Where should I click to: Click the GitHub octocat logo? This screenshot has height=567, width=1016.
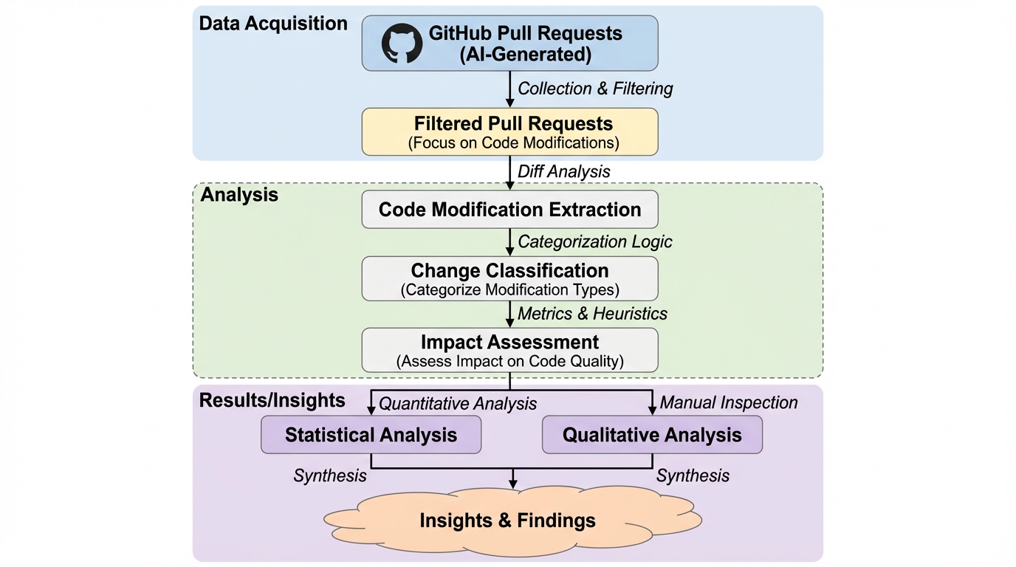pyautogui.click(x=402, y=43)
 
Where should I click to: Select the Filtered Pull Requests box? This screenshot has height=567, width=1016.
pyautogui.click(x=509, y=131)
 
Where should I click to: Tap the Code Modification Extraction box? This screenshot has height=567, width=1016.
pyautogui.click(x=509, y=210)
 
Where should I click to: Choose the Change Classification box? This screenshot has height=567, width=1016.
pyautogui.click(x=509, y=278)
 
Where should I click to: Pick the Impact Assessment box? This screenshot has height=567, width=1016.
pyautogui.click(x=509, y=350)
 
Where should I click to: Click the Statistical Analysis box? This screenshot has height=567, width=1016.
pyautogui.click(x=371, y=434)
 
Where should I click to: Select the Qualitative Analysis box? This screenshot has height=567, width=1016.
pyautogui.click(x=652, y=434)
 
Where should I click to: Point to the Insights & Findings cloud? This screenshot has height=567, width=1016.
pyautogui.click(x=508, y=520)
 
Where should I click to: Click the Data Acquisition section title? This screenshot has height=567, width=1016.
pyautogui.click(x=273, y=24)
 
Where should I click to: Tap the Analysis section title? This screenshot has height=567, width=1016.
pyautogui.click(x=239, y=195)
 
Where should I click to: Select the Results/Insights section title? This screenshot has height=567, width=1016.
pyautogui.click(x=272, y=400)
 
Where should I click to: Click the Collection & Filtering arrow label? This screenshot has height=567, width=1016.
pyautogui.click(x=595, y=89)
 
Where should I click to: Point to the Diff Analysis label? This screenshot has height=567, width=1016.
pyautogui.click(x=564, y=171)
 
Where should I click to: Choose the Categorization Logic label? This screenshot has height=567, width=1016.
pyautogui.click(x=595, y=241)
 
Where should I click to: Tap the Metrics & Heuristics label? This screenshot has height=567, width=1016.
pyautogui.click(x=592, y=314)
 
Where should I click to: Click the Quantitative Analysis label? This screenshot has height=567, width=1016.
pyautogui.click(x=458, y=403)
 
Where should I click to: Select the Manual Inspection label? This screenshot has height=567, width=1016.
pyautogui.click(x=729, y=402)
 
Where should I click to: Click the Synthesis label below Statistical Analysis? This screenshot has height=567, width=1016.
pyautogui.click(x=330, y=475)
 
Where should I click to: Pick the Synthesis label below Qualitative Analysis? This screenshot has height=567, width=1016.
pyautogui.click(x=693, y=475)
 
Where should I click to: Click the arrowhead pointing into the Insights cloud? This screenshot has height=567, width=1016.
pyautogui.click(x=513, y=484)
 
